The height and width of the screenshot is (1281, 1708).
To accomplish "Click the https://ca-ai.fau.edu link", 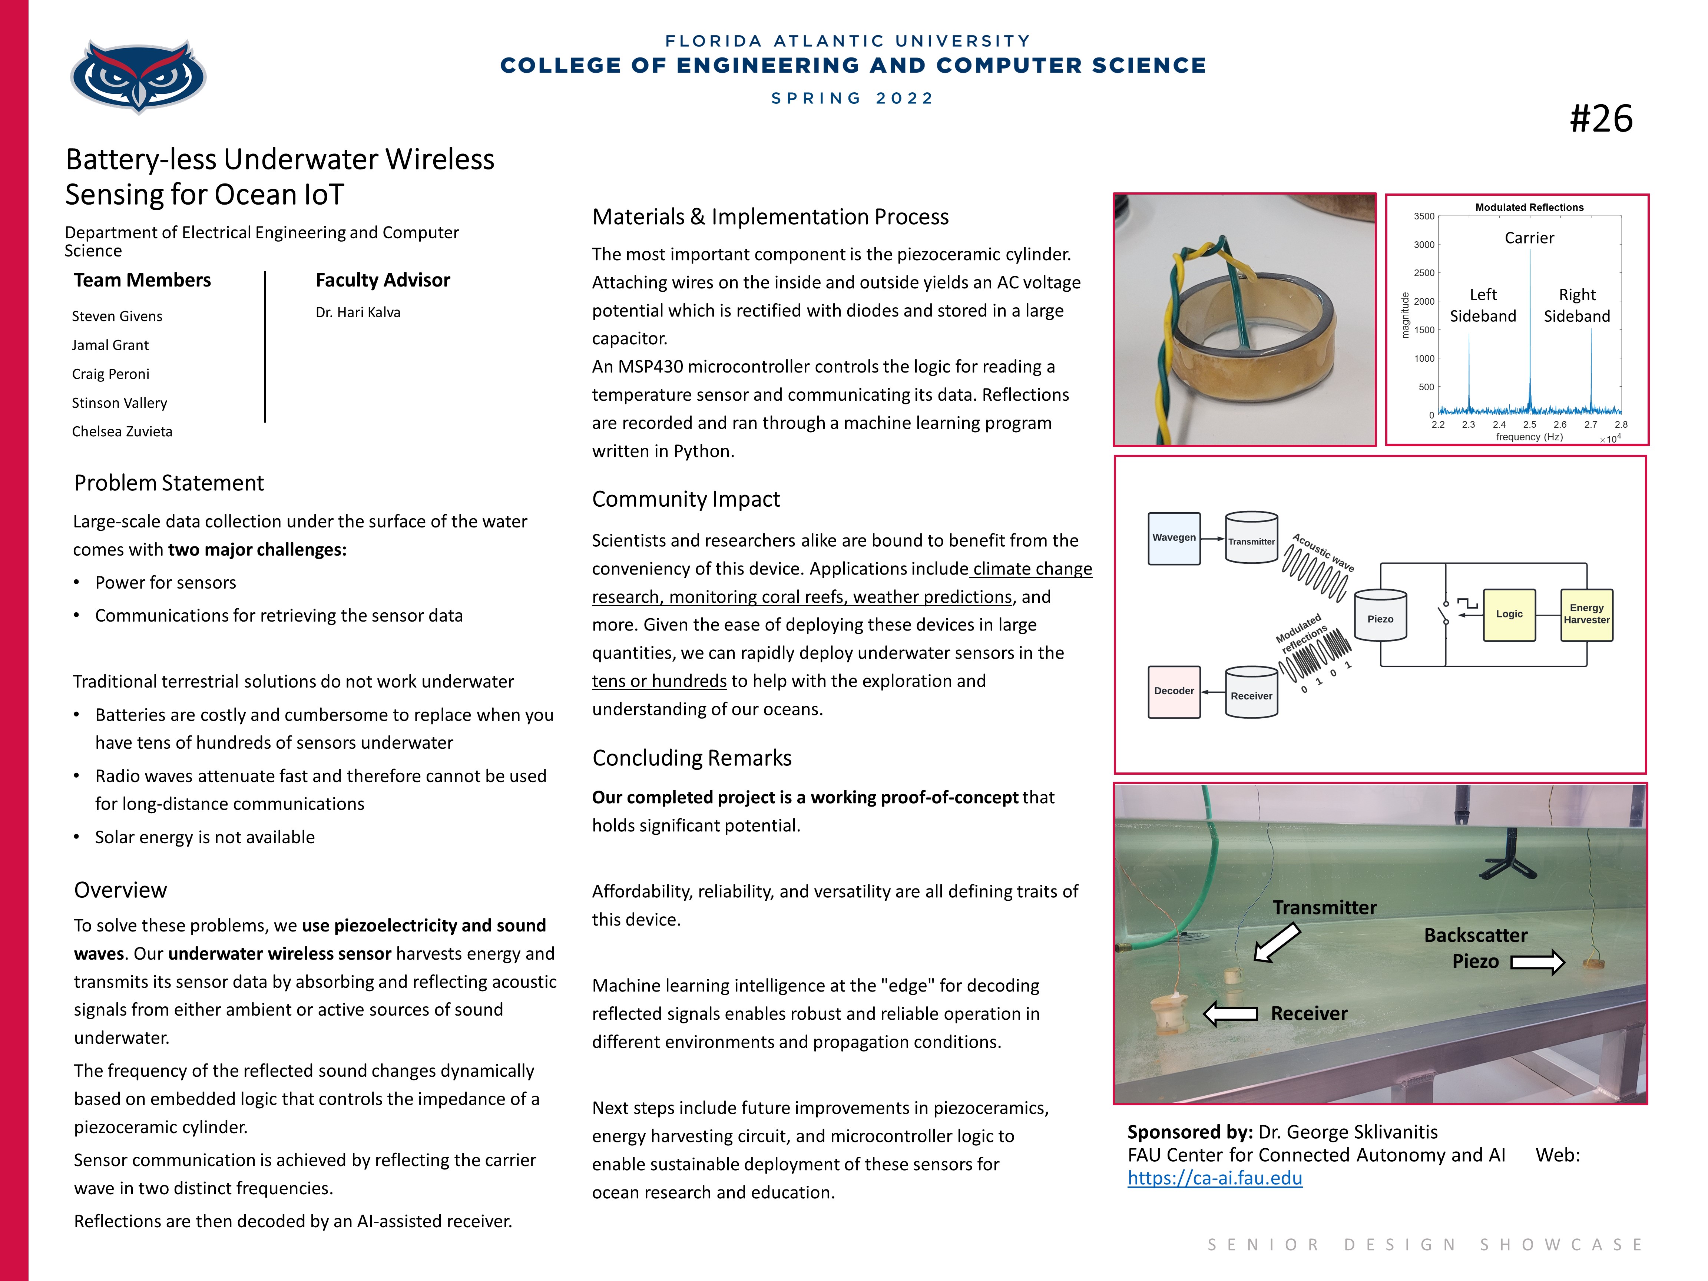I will tap(1215, 1178).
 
